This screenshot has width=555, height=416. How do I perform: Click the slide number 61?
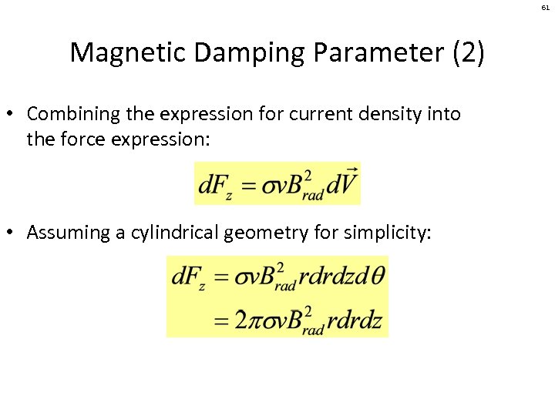click(x=545, y=7)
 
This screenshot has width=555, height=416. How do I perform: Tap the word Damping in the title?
click(x=236, y=52)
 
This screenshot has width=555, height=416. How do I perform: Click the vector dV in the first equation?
click(x=345, y=184)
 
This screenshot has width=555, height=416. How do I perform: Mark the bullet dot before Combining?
click(x=13, y=115)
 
